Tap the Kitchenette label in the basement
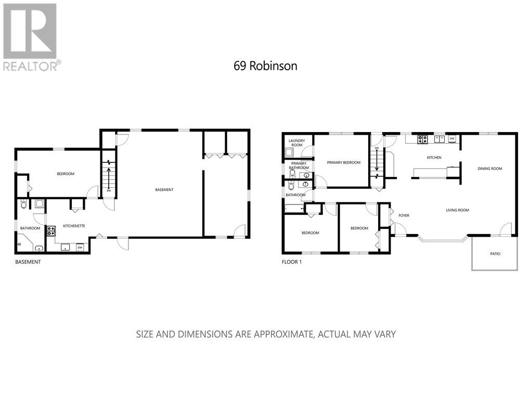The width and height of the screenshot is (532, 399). coord(74,226)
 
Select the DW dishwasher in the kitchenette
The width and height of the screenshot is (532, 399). coord(80,247)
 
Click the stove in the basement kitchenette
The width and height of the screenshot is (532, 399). coord(51,230)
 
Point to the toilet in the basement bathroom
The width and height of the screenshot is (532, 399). coord(23,204)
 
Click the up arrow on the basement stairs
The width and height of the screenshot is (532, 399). coord(109,172)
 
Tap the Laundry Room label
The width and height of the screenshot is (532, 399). coord(297,142)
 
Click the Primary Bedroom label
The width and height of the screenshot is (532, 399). coord(343,163)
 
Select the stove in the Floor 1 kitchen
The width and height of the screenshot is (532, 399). coord(422,139)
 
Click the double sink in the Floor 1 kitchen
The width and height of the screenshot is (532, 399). coord(439,139)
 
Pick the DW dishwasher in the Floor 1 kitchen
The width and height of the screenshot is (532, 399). coord(452,139)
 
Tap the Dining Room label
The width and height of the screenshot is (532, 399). coord(490,169)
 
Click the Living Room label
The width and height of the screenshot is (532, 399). coord(457,210)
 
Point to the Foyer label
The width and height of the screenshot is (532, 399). coord(404,215)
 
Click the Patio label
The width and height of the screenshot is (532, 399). coord(495,254)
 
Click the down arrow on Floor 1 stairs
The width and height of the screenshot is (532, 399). coord(377,162)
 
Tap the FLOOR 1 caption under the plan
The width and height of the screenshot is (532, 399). coord(291,262)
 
